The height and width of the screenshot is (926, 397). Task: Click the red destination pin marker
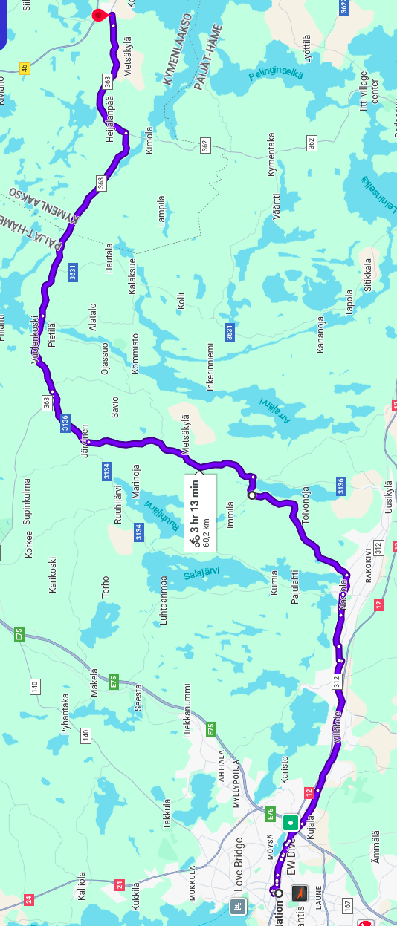[x=98, y=16]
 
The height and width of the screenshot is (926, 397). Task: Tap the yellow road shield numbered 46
[x=25, y=68]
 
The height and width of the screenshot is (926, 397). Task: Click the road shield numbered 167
[x=347, y=905]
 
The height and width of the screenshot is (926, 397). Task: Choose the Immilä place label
[x=230, y=514]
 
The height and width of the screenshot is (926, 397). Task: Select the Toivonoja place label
[x=305, y=505]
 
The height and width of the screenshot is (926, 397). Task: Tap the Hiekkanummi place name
[x=188, y=711]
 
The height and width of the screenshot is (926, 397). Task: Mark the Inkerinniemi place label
[x=210, y=366]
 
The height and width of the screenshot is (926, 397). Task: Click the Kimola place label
[x=149, y=140]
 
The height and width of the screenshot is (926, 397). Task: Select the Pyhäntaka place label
[x=65, y=714]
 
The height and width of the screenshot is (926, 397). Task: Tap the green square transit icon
[x=290, y=822]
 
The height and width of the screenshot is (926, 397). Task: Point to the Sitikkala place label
[x=367, y=274]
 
